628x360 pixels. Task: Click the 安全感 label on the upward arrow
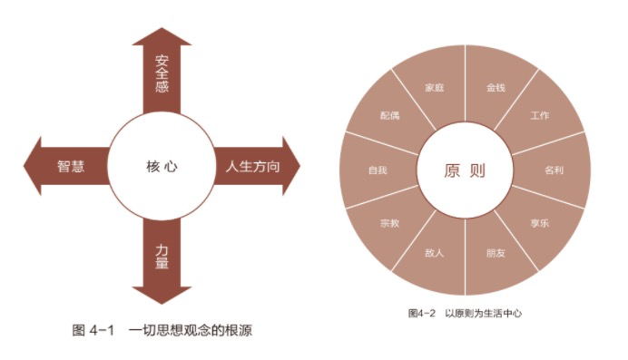[162, 74]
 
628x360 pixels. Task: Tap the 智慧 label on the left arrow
[71, 166]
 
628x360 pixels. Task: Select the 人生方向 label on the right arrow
[252, 166]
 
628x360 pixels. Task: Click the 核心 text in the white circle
[162, 166]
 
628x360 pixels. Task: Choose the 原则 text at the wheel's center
[465, 170]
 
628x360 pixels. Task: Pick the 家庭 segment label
[435, 88]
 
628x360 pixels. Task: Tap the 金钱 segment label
[496, 88]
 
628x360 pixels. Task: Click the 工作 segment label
[540, 115]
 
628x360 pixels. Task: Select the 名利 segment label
[554, 170]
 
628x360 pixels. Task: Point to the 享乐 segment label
[540, 223]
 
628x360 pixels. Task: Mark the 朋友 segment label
[496, 253]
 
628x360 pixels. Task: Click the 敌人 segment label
[435, 253]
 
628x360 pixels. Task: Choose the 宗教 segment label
[389, 223]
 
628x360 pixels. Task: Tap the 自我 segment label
[378, 170]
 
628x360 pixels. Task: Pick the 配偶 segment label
[389, 115]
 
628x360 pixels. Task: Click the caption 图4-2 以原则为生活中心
[465, 313]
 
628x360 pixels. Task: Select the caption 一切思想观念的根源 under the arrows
[191, 330]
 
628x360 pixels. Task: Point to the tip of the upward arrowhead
[162, 27]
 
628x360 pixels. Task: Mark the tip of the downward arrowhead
[162, 304]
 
